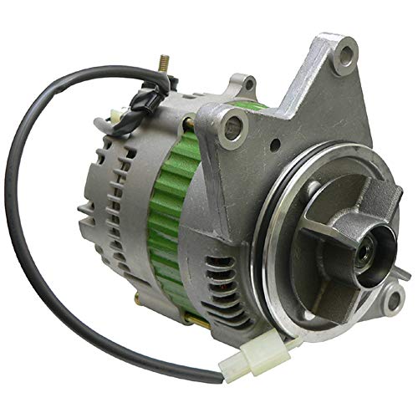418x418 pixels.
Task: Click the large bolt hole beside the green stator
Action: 234,128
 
